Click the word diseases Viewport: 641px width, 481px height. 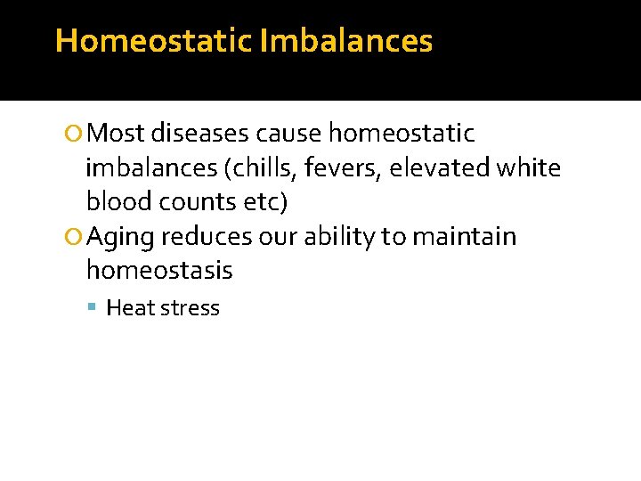pyautogui.click(x=200, y=134)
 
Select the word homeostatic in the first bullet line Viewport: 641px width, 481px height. pyautogui.click(x=402, y=134)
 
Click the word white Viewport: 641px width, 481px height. pyautogui.click(x=531, y=168)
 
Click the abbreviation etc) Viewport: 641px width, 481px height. pyautogui.click(x=265, y=202)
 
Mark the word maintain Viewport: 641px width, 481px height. pyautogui.click(x=463, y=237)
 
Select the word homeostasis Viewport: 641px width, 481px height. pyautogui.click(x=159, y=271)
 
